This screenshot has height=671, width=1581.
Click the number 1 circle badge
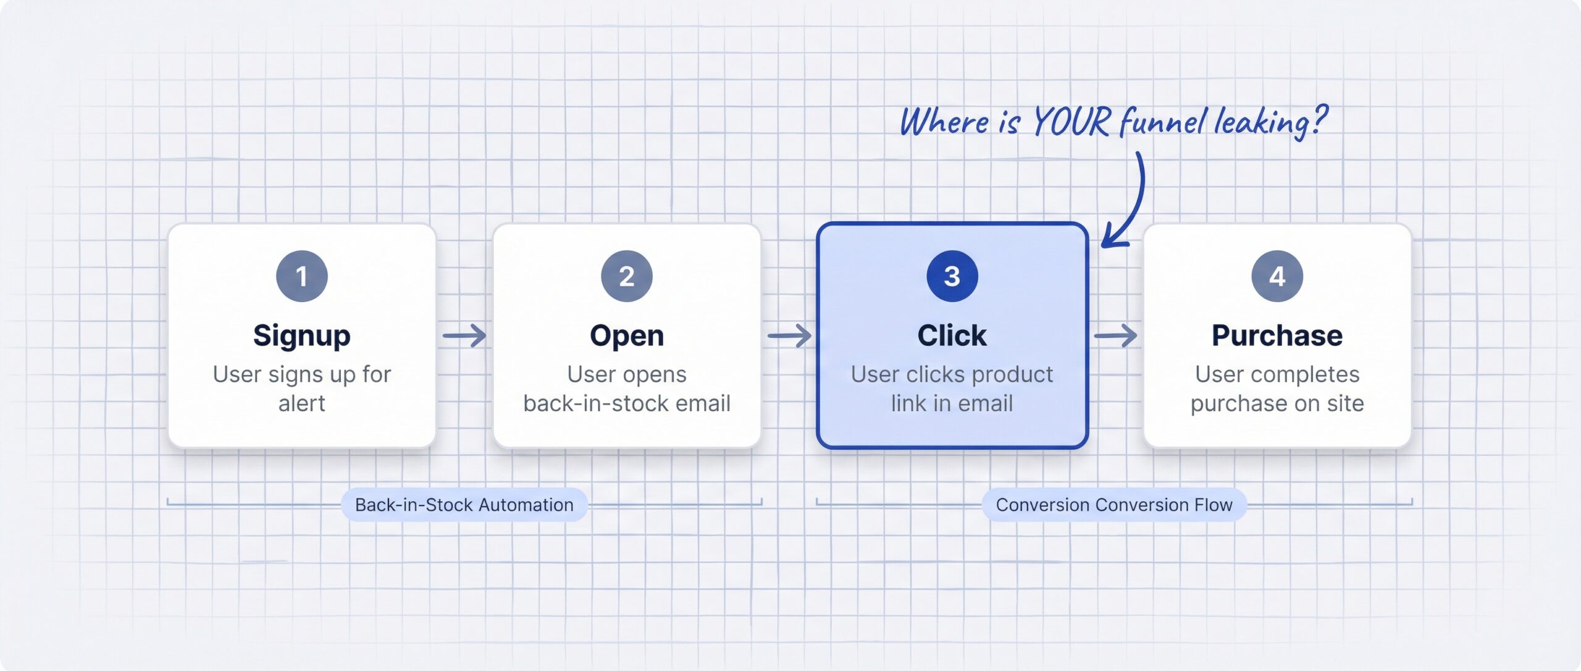(301, 276)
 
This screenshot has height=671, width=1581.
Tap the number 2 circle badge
(626, 276)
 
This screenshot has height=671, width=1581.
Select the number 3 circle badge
(952, 276)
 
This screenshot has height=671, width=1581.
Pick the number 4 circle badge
(1277, 276)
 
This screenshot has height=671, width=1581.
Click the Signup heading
(301, 335)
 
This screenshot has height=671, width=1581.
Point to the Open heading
(626, 335)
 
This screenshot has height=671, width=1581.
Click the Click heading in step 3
(952, 335)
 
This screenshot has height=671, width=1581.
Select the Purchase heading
(1277, 335)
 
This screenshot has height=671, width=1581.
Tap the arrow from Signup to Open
(464, 335)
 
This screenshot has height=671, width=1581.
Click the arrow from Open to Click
(789, 335)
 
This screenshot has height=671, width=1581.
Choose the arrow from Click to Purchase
(1115, 335)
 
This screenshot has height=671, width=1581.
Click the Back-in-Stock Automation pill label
(464, 505)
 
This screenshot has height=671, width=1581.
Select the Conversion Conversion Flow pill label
(1113, 505)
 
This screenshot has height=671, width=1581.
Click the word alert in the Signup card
(301, 403)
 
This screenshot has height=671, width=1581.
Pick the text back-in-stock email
(626, 403)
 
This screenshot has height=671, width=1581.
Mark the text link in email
(952, 403)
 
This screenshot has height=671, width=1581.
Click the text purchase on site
(1277, 403)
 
